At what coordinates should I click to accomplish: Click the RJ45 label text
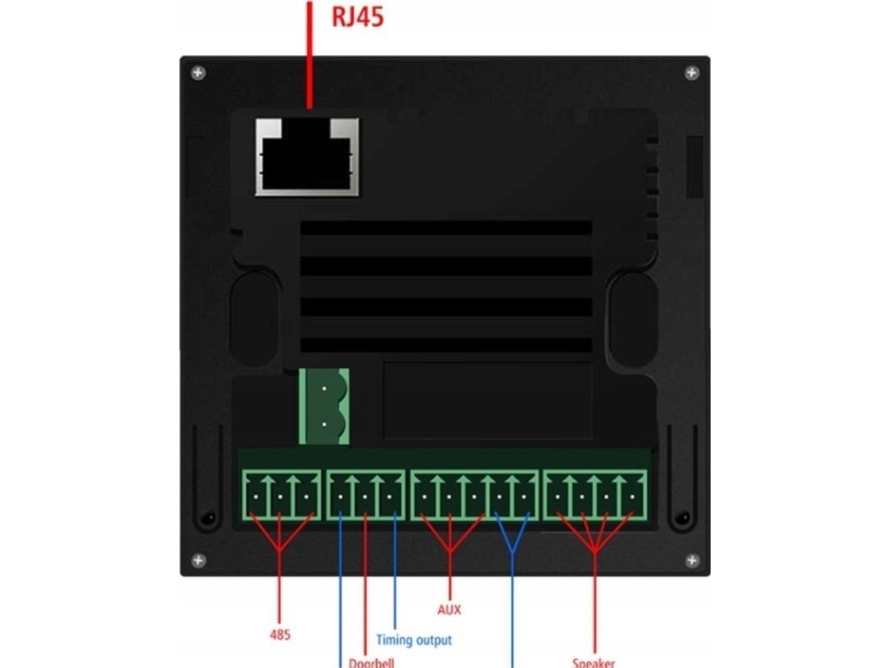click(x=358, y=18)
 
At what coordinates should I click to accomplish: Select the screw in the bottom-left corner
click(x=198, y=561)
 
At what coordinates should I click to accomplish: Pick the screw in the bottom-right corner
click(x=691, y=561)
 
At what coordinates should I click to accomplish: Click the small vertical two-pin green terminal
click(x=324, y=407)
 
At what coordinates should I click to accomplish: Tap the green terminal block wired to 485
click(x=279, y=496)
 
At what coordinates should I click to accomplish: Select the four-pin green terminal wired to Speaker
click(x=595, y=496)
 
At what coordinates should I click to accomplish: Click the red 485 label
click(x=280, y=635)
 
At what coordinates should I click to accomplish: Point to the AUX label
click(x=449, y=610)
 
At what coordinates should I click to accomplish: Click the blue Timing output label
click(x=413, y=640)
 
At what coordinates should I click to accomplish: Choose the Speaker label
click(x=593, y=662)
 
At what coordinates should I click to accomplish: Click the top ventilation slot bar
click(x=445, y=229)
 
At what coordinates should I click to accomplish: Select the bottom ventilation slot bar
click(x=445, y=345)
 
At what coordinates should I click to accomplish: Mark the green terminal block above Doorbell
click(x=365, y=496)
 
